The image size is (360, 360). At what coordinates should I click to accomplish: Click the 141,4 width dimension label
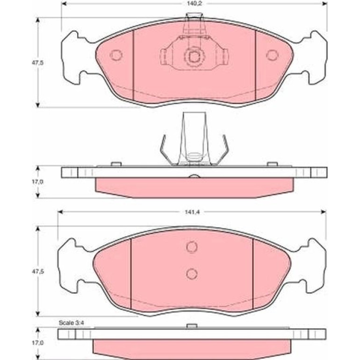193,212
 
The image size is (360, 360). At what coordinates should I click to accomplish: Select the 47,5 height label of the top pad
37,63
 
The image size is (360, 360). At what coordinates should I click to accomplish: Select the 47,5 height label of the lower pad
37,271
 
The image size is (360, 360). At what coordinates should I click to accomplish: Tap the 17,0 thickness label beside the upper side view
37,182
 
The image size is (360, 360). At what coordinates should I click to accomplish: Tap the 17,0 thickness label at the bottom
37,343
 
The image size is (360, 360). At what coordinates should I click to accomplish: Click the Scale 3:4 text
71,323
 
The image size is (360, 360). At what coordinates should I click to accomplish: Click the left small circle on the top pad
116,55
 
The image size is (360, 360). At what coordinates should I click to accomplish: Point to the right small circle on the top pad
272,55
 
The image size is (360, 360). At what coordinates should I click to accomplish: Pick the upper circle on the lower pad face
192,247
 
